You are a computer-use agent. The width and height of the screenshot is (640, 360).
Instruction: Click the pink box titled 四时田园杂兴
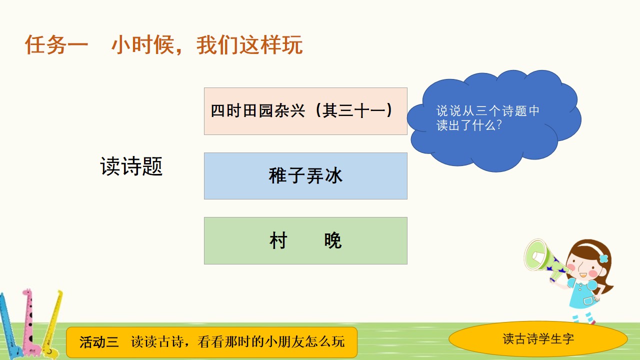(305, 111)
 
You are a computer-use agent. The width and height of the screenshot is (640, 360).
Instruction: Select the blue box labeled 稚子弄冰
(305, 176)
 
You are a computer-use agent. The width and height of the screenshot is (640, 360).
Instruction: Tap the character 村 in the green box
(278, 240)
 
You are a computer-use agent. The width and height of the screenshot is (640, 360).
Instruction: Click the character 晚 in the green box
(333, 240)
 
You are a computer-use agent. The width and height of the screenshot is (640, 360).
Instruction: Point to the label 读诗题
(131, 166)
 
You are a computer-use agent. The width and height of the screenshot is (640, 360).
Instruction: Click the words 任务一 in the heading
(56, 44)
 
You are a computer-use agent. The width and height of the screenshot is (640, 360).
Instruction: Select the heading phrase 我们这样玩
(249, 44)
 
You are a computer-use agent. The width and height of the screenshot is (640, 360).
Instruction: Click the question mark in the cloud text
(499, 125)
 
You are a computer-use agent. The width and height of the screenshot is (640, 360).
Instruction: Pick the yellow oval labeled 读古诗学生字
(538, 339)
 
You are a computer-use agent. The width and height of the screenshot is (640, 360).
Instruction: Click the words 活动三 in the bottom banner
(99, 342)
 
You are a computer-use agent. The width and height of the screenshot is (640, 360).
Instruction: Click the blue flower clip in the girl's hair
(603, 258)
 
